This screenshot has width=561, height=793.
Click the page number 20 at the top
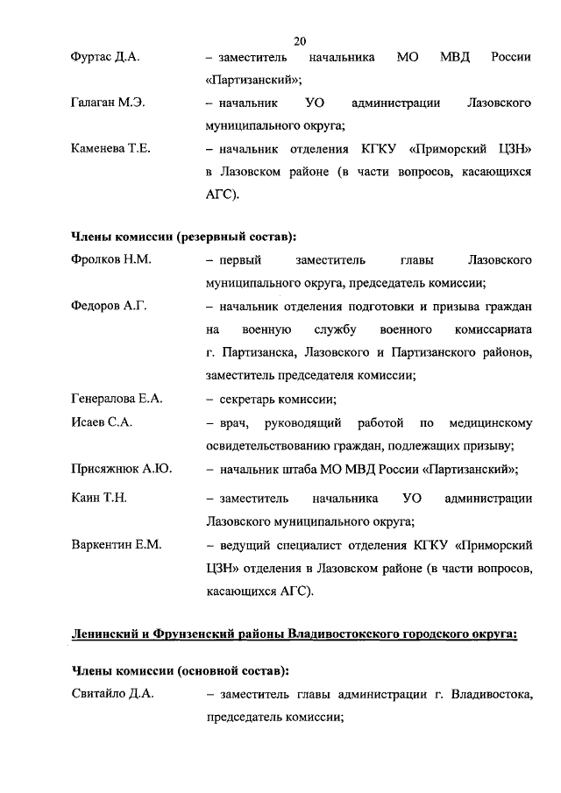coord(300,40)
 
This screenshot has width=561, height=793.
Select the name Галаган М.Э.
coord(107,103)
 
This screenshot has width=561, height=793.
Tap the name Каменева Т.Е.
coord(110,149)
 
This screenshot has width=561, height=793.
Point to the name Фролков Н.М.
coord(110,261)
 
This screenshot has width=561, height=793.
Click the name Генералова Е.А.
coord(117,399)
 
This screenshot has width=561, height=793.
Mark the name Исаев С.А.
coord(101,422)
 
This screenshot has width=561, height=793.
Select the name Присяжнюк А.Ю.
coord(120,469)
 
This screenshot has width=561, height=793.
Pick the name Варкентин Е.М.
coord(116,545)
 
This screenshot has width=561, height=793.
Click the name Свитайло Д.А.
coord(112,695)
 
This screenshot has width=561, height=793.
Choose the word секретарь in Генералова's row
coord(245,399)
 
